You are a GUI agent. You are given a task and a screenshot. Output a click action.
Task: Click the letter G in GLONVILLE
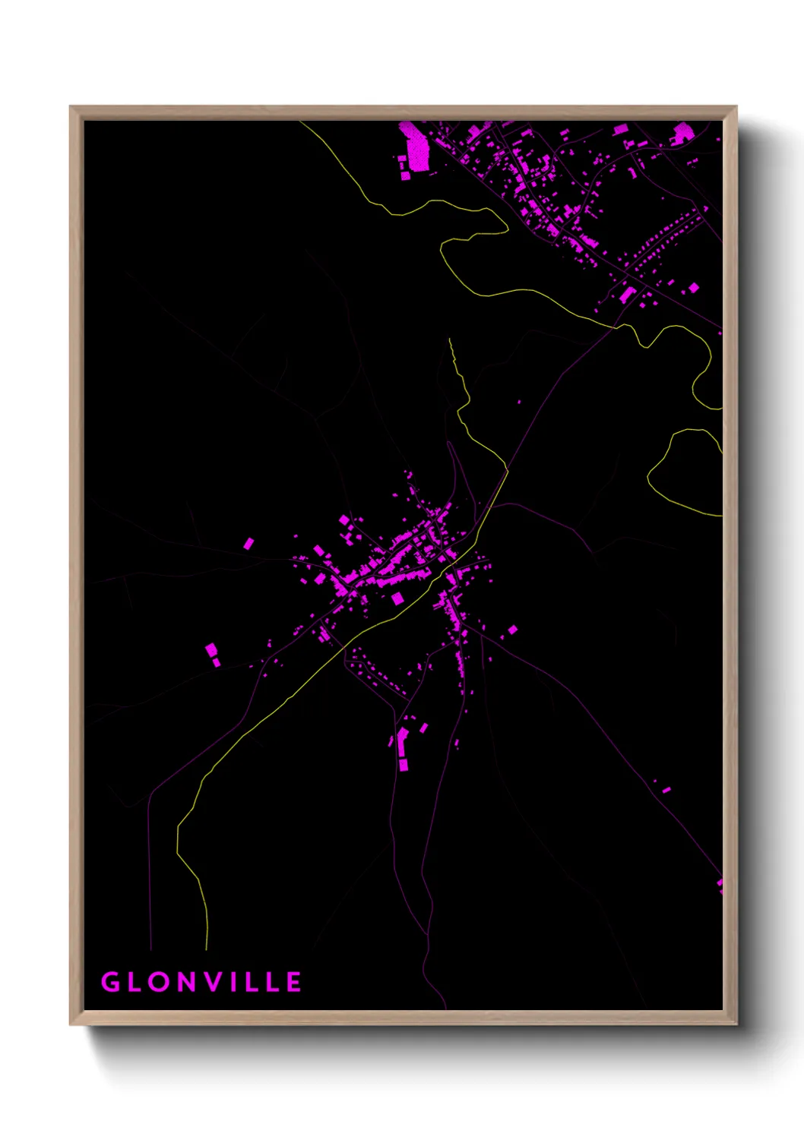pos(111,982)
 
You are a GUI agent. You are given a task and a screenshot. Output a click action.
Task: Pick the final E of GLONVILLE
pos(294,982)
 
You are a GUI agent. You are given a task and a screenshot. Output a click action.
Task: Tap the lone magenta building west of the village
pos(248,544)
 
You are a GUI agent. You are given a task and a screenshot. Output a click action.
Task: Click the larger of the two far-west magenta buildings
pos(211,650)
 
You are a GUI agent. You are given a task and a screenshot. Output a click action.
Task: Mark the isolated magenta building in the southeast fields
pos(666,790)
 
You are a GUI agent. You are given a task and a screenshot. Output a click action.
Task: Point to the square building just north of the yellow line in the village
pos(397,598)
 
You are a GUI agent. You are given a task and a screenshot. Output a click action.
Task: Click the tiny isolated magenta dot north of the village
pos(519,403)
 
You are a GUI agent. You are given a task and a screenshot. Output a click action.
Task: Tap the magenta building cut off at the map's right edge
pos(720,885)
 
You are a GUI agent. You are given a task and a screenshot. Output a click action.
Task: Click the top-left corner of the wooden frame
pos(71,108)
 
